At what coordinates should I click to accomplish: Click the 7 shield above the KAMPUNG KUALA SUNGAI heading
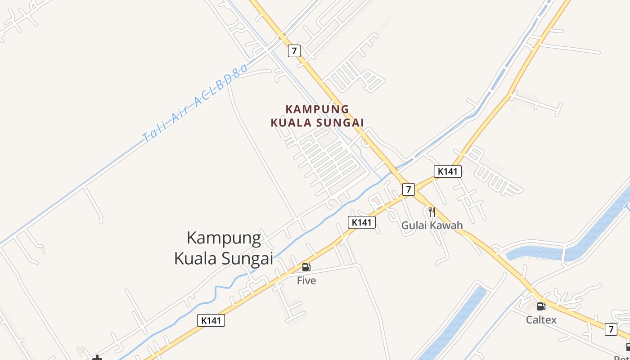coord(294,50)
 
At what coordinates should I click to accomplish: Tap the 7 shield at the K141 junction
coord(408,189)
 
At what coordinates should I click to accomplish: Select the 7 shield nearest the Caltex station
coord(611,329)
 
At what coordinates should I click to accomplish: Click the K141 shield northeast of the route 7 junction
coord(448,171)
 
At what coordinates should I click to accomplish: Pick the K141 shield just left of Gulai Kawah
coord(361,222)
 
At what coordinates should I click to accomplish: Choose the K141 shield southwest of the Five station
coord(211,320)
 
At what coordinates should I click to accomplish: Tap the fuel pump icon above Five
coord(306,267)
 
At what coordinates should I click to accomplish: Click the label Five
coord(306,281)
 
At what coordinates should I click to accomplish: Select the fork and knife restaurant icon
coord(432,211)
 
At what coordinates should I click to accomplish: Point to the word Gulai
coord(414,225)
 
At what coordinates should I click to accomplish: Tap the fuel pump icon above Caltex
coord(541,306)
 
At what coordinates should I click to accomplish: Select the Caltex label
coord(541,320)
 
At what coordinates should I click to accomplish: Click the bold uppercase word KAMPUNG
coord(317,109)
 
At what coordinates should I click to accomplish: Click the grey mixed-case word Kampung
coord(224,238)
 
